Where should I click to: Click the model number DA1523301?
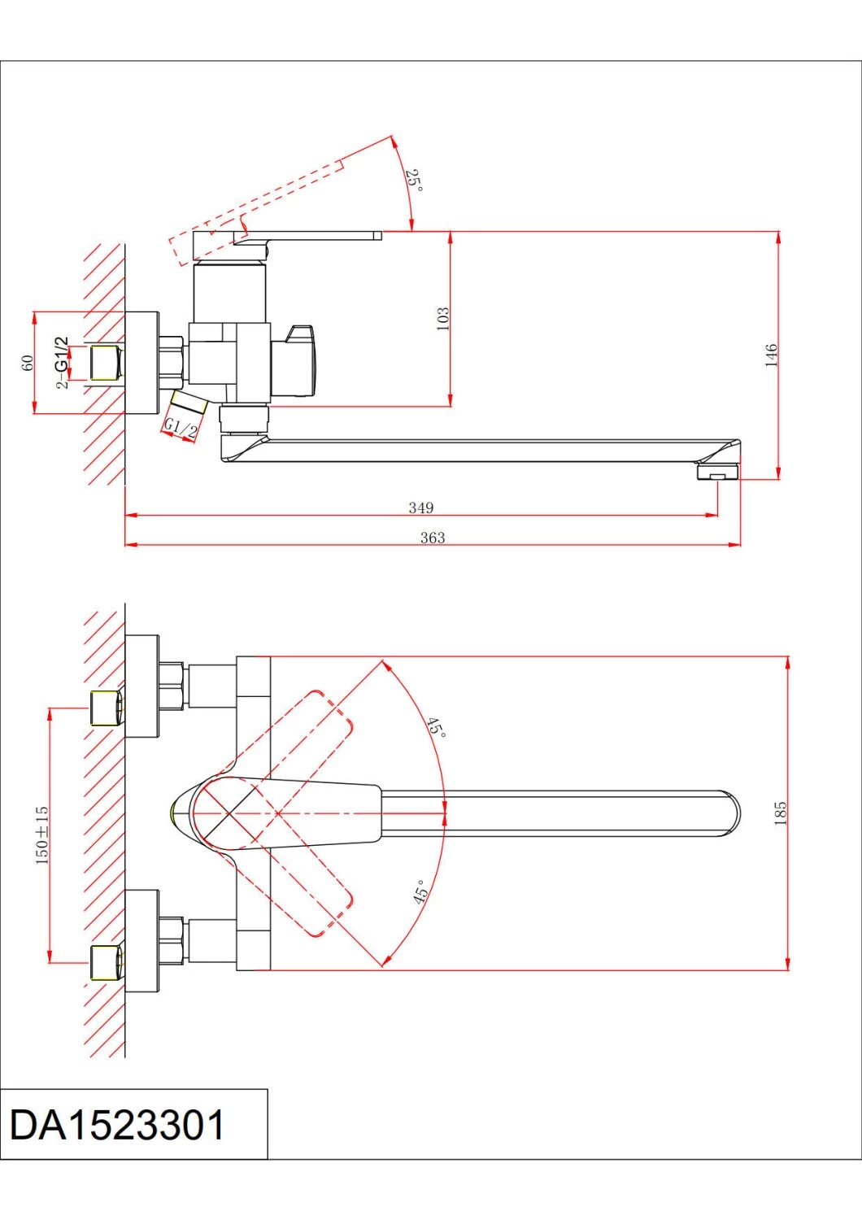(x=117, y=1125)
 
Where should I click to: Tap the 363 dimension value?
(x=433, y=538)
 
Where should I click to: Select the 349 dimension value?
(x=420, y=508)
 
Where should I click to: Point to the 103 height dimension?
(x=442, y=318)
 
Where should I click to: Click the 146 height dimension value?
(x=771, y=355)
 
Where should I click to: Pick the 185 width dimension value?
(x=781, y=813)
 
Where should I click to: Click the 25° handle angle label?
(x=414, y=181)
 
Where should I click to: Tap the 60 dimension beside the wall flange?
(x=28, y=363)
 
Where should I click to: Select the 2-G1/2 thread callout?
(x=63, y=363)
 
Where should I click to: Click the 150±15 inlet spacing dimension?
(x=42, y=834)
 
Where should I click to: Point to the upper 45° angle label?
(x=437, y=726)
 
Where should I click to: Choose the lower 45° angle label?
(x=420, y=891)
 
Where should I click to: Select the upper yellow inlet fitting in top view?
(x=106, y=708)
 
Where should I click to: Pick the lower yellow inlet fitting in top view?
(x=106, y=962)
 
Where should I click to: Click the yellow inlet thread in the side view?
(x=105, y=363)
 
